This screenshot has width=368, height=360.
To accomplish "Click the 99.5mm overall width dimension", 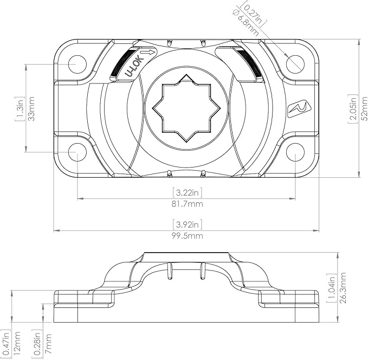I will click(x=188, y=236).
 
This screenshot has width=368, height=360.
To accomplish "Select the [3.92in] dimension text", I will click(x=188, y=224).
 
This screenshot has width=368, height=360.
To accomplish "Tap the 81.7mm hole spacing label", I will click(x=188, y=204).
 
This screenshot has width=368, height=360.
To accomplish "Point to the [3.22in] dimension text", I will click(x=188, y=192).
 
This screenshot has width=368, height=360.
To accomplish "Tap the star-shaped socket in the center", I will click(x=186, y=111).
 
